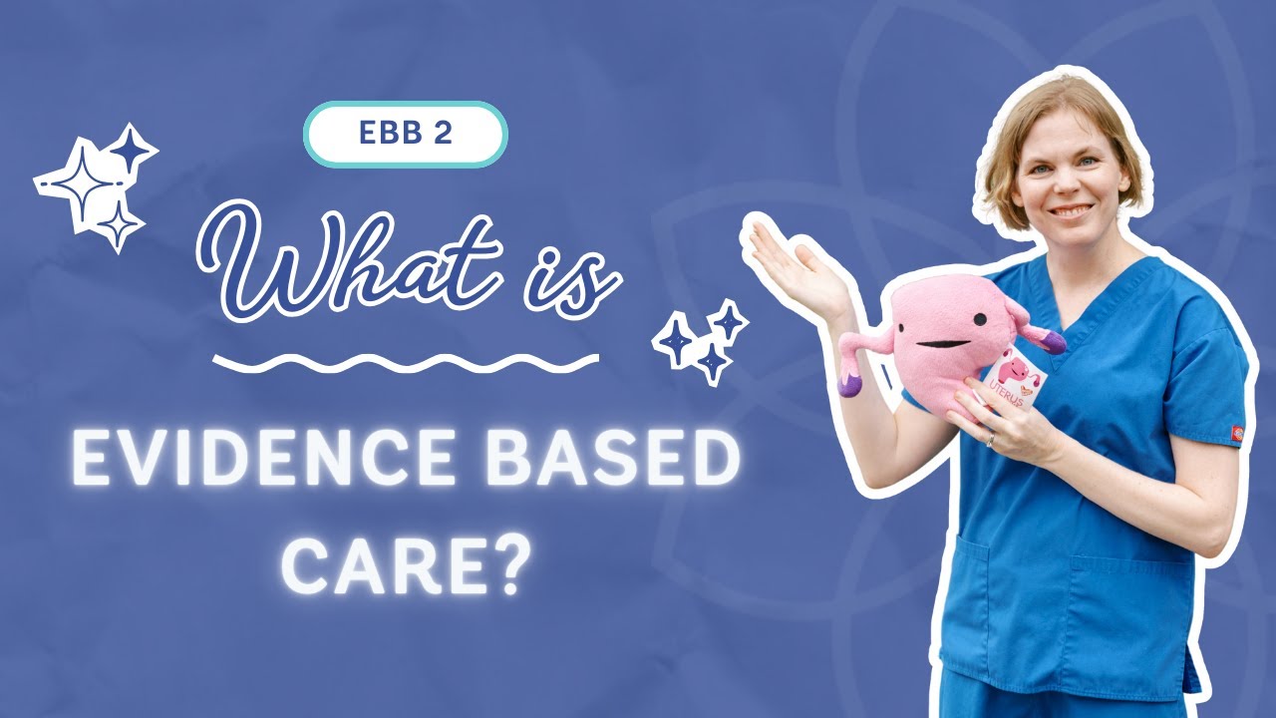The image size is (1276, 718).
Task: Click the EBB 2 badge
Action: [406, 135]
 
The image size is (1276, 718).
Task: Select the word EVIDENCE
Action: [245, 462]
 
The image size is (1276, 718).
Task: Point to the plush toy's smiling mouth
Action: [938, 344]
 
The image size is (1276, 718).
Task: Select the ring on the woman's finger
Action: [990, 438]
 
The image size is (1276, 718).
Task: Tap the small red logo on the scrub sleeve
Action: [1238, 432]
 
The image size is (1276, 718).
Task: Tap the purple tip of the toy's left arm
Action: [850, 383]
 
